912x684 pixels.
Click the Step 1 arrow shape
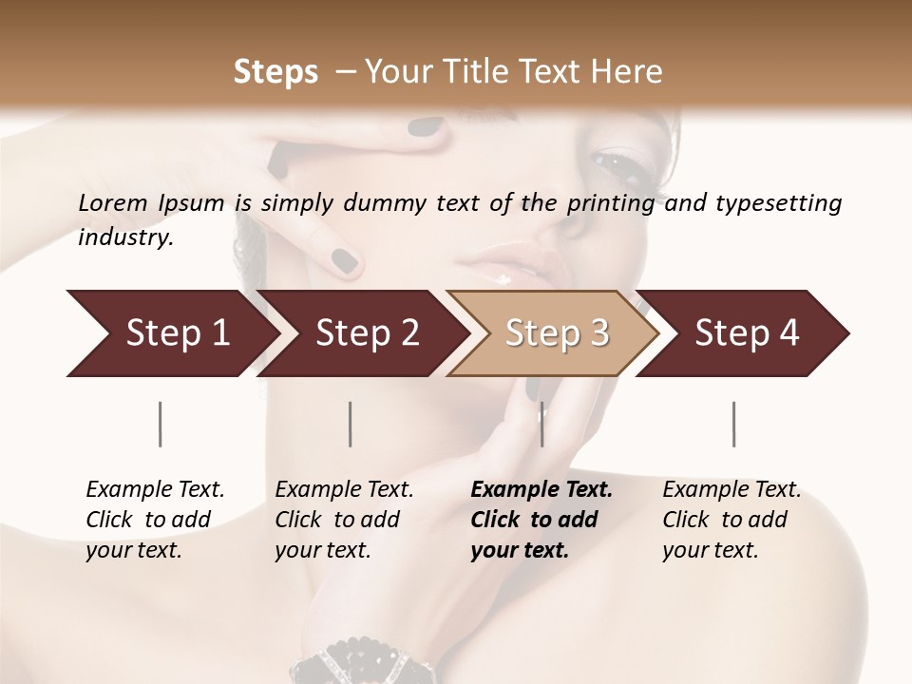point(171,332)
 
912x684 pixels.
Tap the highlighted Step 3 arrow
point(556,332)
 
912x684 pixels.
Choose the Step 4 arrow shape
point(746,332)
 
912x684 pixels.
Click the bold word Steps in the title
point(275,72)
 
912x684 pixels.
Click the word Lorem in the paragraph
point(113,202)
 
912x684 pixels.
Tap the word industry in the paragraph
point(124,237)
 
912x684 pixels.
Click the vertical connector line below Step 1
point(161,424)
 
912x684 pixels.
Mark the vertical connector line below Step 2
point(351,424)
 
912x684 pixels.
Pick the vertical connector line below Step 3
point(541,424)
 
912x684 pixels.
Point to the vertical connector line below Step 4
point(733,424)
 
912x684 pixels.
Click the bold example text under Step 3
point(541,520)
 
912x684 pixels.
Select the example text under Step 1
point(155,520)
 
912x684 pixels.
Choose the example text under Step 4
point(731,520)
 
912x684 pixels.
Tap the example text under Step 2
point(344,520)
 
